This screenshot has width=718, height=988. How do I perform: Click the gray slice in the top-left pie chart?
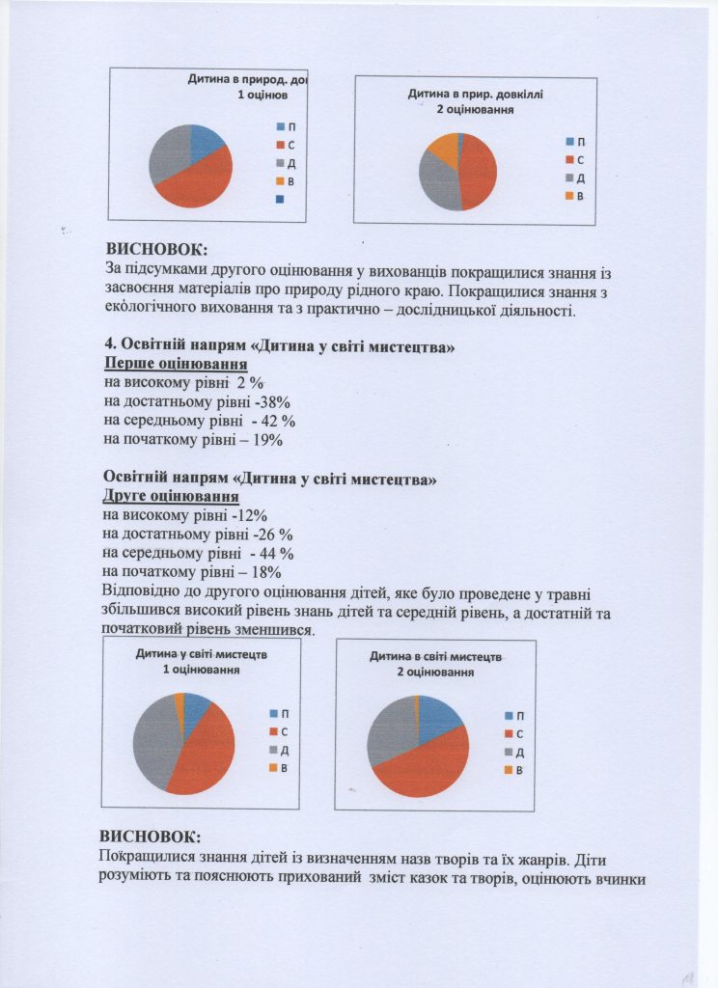click(x=166, y=154)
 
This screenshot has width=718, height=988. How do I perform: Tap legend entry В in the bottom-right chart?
click(x=514, y=770)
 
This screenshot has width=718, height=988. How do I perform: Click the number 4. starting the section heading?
click(x=109, y=346)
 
